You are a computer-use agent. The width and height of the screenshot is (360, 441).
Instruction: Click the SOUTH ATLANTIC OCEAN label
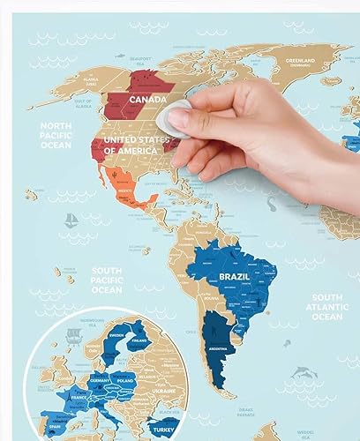326,307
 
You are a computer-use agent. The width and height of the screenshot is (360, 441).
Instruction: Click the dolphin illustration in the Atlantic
304,375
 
